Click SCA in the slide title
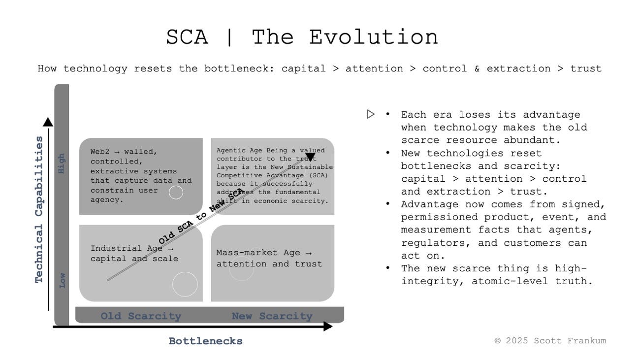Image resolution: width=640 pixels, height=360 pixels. pyautogui.click(x=187, y=37)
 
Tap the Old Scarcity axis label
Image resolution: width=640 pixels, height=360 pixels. pyautogui.click(x=141, y=316)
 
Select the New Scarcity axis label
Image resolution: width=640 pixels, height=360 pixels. pyautogui.click(x=272, y=316)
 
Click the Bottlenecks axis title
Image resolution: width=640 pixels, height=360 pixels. pyautogui.click(x=205, y=341)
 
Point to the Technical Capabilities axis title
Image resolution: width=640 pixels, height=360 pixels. pyautogui.click(x=39, y=209)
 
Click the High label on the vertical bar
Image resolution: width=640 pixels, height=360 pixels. pyautogui.click(x=62, y=163)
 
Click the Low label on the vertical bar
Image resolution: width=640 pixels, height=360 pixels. pyautogui.click(x=62, y=280)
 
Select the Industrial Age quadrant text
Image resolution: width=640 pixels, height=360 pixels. pyautogui.click(x=134, y=254)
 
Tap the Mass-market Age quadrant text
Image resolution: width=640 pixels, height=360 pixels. pyautogui.click(x=269, y=259)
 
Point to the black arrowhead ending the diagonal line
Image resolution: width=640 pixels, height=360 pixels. pyautogui.click(x=310, y=157)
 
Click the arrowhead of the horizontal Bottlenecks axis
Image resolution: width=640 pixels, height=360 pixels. pyautogui.click(x=327, y=326)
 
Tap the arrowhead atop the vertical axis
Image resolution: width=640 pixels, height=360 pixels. pyautogui.click(x=48, y=122)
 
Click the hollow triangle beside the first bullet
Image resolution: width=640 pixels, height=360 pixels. pyautogui.click(x=371, y=114)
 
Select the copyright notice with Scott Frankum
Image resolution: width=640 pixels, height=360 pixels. pyautogui.click(x=550, y=340)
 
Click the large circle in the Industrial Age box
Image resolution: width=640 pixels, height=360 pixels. pyautogui.click(x=185, y=284)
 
